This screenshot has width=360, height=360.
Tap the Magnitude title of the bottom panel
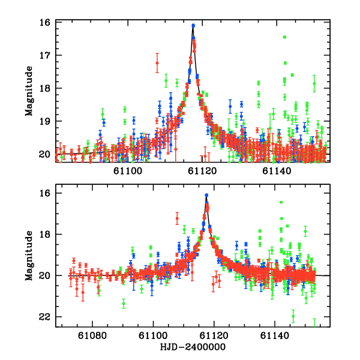click(29, 255)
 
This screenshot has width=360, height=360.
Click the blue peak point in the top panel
click(193, 26)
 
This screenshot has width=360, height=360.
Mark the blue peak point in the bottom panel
click(206, 195)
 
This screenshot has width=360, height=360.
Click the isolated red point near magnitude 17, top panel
click(157, 62)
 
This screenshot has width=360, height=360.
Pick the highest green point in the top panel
click(284, 37)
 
